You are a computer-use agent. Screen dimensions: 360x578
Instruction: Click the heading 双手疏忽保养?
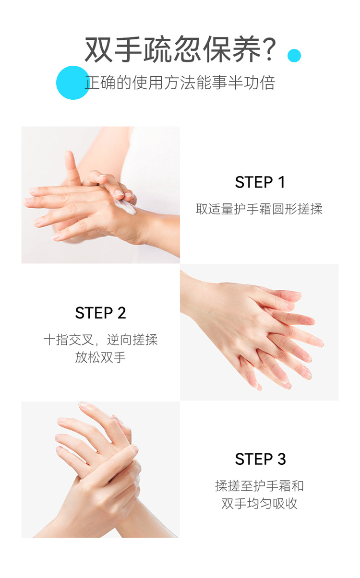point(180,49)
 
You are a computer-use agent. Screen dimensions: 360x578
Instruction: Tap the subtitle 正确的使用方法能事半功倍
point(180,83)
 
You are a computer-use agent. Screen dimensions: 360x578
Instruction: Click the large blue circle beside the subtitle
point(73,83)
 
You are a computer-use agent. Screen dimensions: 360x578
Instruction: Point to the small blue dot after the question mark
point(294,56)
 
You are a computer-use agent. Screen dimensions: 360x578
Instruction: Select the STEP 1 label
point(260,182)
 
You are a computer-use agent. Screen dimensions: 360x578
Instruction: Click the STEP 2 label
point(100,313)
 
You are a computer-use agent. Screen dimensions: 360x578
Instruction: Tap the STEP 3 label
point(260,459)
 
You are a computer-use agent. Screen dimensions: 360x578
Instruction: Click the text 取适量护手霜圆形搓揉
point(259,209)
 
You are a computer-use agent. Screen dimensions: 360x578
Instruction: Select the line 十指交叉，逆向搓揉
point(100,340)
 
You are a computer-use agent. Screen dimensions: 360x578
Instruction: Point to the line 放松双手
point(100,357)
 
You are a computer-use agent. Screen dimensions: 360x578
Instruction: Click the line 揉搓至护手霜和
point(259,486)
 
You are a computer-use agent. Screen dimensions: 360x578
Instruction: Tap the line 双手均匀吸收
point(259,504)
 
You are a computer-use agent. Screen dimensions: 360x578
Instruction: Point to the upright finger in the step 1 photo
point(72,168)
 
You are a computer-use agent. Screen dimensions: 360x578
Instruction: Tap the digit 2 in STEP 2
point(121,313)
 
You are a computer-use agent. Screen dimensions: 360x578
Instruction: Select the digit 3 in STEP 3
point(281,459)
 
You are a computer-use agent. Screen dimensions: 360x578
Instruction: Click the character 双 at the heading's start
point(98,49)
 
